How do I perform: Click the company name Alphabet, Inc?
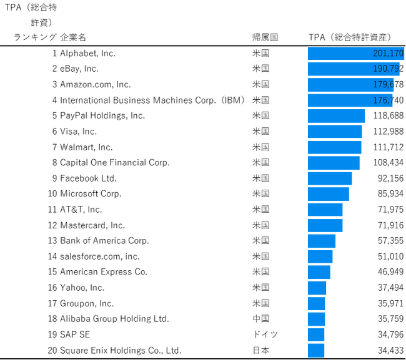click(x=87, y=54)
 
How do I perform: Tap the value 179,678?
click(x=389, y=84)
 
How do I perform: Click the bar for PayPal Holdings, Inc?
click(x=336, y=115)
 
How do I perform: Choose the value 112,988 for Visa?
click(x=389, y=131)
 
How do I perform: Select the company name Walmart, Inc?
click(x=86, y=147)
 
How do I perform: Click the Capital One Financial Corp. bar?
click(x=334, y=163)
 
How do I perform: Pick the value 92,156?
click(x=390, y=178)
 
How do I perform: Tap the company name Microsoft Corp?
click(x=91, y=194)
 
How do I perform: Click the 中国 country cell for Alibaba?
click(x=260, y=319)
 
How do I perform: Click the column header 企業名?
click(x=73, y=37)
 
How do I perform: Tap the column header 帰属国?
click(x=265, y=37)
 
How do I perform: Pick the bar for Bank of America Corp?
click(x=322, y=241)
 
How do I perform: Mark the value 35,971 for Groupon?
click(x=390, y=303)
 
